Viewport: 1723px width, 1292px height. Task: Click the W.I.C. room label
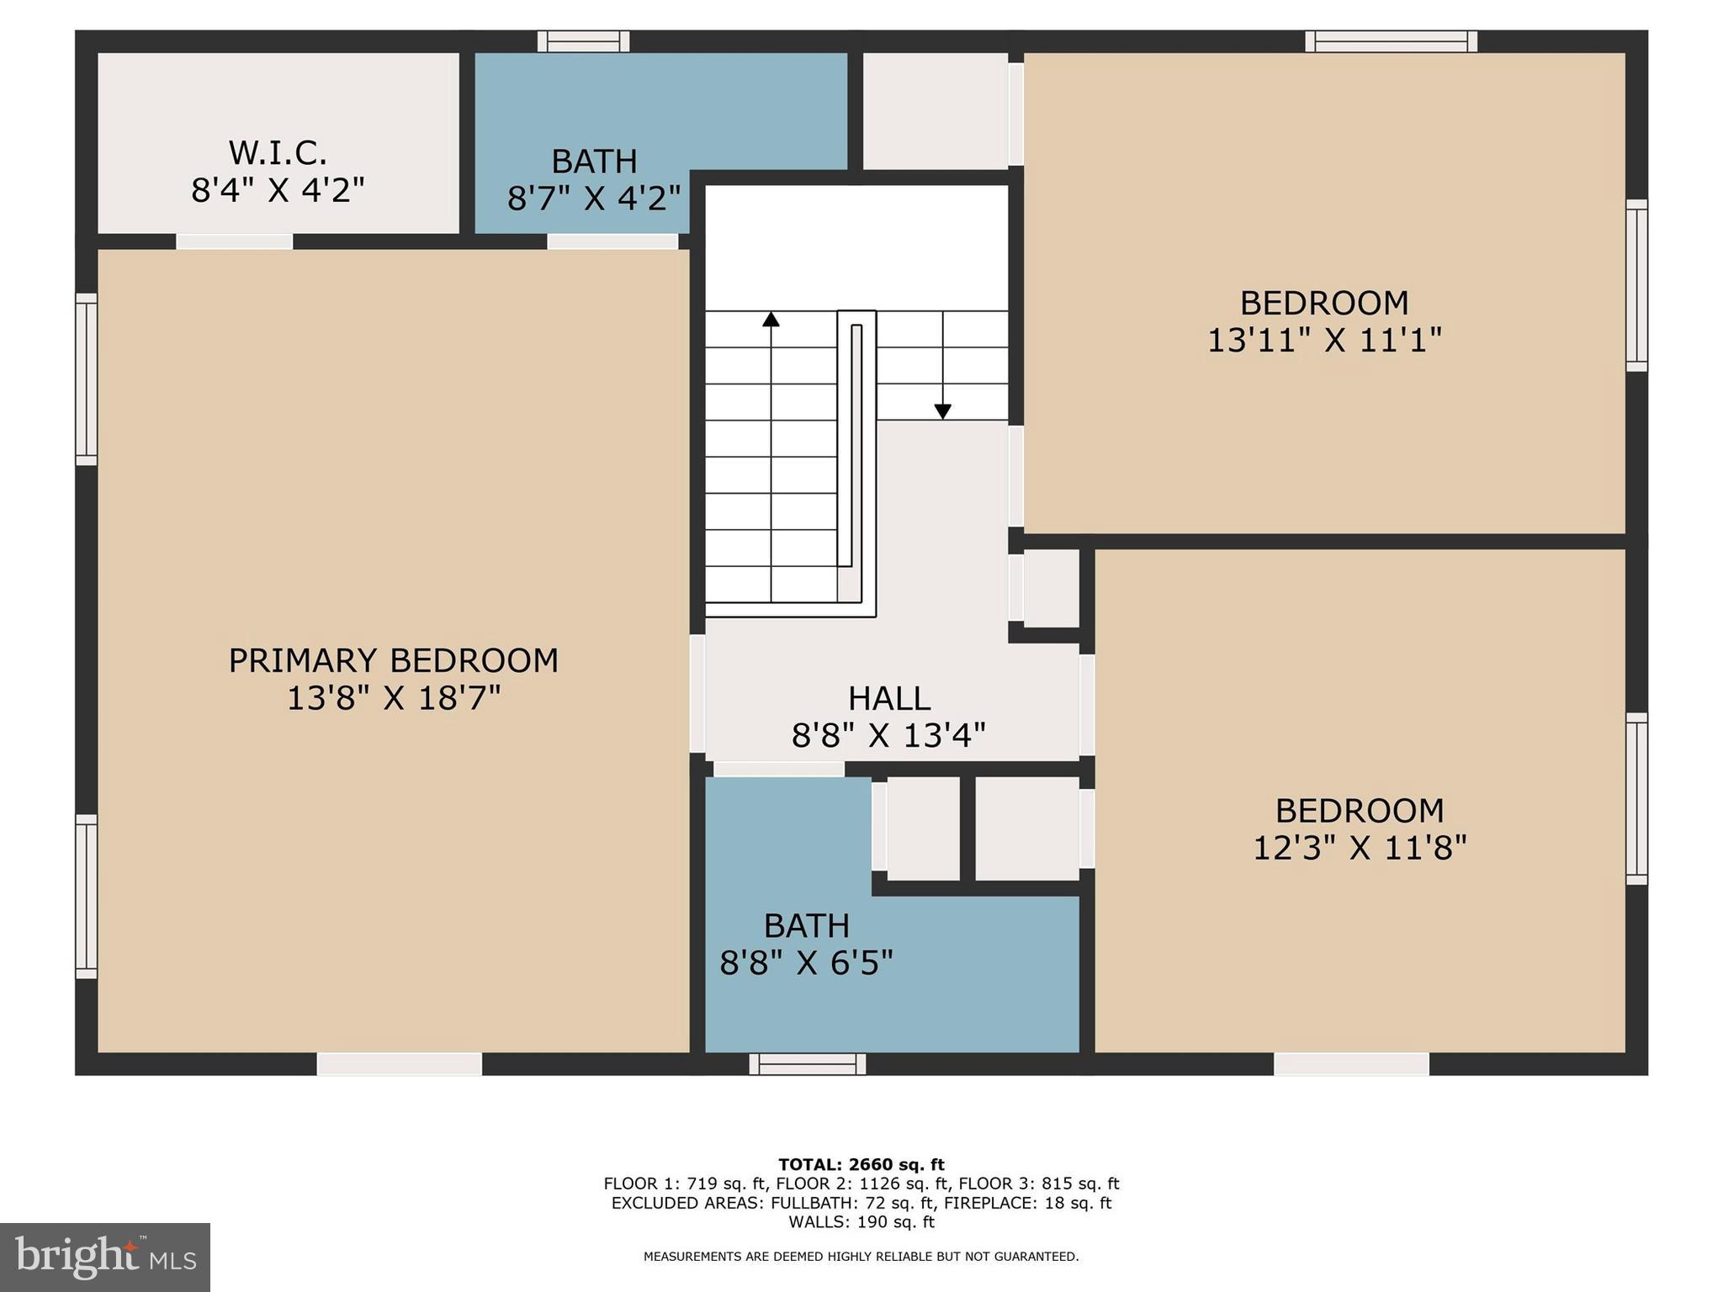point(278,153)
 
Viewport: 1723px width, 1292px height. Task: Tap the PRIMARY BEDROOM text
point(393,660)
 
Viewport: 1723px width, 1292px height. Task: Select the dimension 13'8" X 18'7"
point(393,698)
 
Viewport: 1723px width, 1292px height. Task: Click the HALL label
point(888,698)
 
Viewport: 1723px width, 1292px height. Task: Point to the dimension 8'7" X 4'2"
point(593,199)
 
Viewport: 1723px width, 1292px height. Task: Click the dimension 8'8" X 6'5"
point(806,962)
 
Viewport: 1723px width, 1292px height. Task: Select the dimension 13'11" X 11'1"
point(1324,341)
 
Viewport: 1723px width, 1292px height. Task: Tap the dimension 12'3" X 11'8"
point(1360,848)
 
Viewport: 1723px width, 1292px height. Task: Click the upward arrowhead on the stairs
point(771,320)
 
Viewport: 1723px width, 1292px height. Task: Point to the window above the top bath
point(583,41)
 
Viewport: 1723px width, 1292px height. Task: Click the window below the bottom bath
point(807,1064)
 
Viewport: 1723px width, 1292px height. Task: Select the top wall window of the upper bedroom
point(1391,41)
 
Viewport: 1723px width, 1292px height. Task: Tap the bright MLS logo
point(105,1258)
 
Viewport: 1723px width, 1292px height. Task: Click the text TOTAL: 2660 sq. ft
point(861,1164)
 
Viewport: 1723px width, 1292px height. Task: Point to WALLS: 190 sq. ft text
point(861,1221)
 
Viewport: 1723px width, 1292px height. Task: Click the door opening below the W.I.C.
point(234,241)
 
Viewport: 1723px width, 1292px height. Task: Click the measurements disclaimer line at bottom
point(861,1257)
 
